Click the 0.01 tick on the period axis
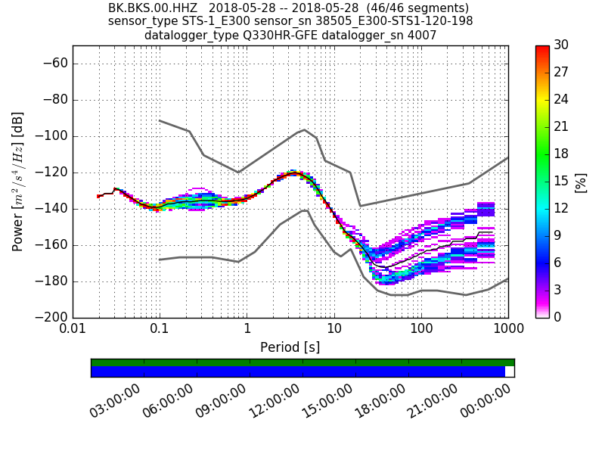[x=73, y=331]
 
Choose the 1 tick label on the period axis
[x=247, y=331]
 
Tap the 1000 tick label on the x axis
[x=507, y=331]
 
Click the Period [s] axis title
[x=290, y=347]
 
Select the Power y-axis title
[x=17, y=182]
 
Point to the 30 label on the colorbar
[x=562, y=46]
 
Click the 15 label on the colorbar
[x=562, y=182]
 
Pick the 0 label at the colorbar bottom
[x=558, y=317]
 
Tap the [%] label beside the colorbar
[x=581, y=182]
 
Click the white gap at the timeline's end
[x=510, y=372]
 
